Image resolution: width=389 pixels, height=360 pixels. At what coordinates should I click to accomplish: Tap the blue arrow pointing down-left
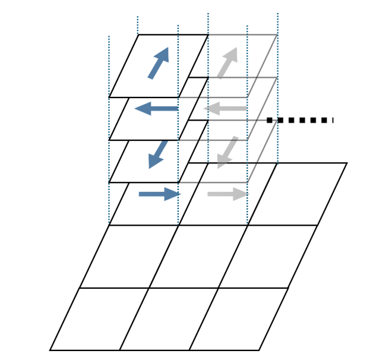click(157, 154)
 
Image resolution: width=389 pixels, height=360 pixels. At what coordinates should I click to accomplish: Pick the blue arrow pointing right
click(160, 194)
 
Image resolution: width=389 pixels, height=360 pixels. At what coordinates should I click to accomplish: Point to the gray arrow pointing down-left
click(227, 153)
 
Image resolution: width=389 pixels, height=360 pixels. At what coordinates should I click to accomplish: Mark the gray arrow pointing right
click(227, 194)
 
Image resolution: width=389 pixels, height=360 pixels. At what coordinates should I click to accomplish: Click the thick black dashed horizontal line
click(300, 120)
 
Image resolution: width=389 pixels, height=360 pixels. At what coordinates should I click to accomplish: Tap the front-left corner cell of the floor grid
click(99, 319)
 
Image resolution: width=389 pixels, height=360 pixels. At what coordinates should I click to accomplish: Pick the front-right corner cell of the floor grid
click(239, 319)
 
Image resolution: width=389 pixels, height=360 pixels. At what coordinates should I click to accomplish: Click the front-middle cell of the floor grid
click(169, 319)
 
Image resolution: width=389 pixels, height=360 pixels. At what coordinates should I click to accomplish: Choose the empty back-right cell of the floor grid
click(297, 194)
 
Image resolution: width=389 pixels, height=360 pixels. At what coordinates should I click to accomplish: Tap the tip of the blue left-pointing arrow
click(136, 109)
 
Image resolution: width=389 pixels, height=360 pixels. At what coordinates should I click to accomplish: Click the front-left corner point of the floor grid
click(50, 350)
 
